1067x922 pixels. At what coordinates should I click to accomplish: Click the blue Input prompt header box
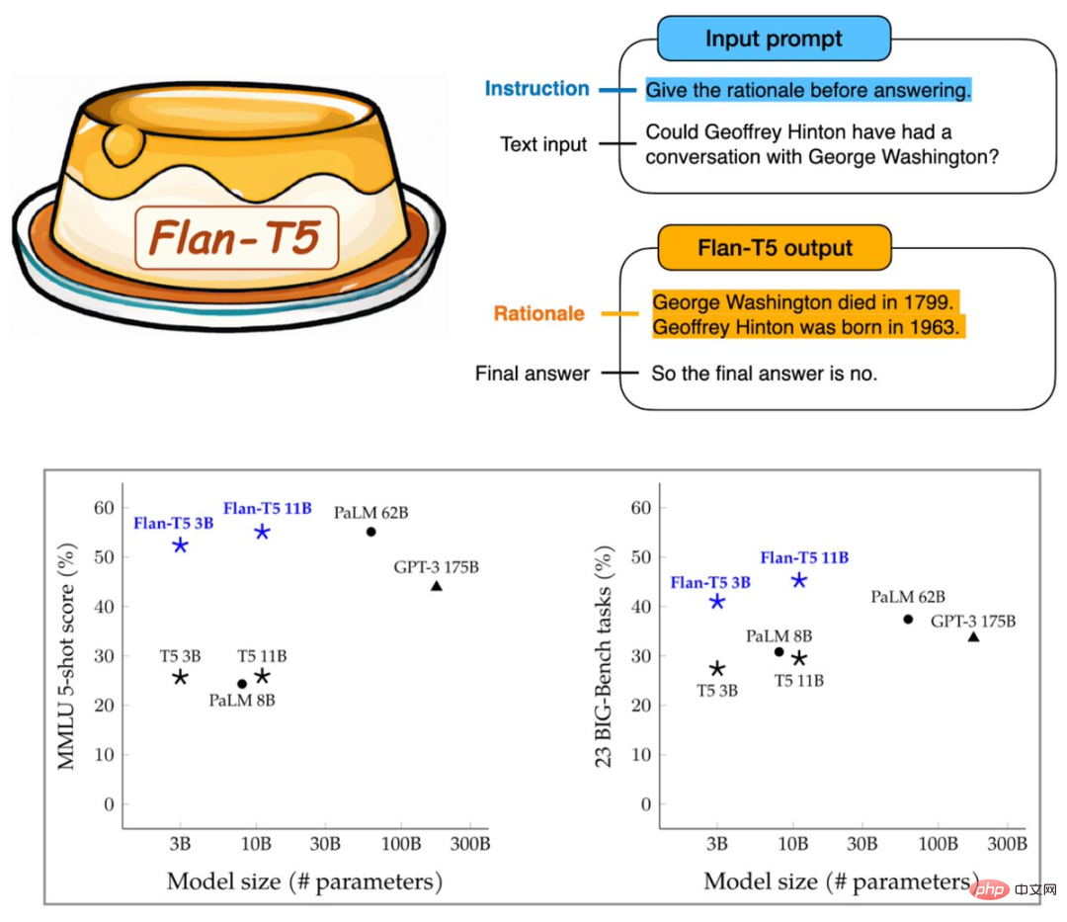click(774, 39)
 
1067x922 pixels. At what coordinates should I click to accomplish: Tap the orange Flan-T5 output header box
click(775, 248)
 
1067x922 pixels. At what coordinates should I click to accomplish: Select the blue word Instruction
click(536, 89)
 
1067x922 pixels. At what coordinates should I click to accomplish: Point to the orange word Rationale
click(539, 313)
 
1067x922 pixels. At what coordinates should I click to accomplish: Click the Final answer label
click(533, 373)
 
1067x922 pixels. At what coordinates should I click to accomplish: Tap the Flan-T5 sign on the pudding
click(236, 237)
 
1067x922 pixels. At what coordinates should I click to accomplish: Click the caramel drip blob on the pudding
click(123, 144)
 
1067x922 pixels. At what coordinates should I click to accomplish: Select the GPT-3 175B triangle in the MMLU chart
click(437, 586)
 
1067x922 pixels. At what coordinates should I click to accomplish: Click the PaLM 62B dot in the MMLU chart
click(370, 532)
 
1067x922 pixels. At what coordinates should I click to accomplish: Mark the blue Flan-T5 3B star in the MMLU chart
click(180, 545)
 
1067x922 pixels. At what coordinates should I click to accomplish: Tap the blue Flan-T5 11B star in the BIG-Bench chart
click(799, 580)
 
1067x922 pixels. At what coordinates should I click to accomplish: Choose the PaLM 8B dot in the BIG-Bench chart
click(780, 652)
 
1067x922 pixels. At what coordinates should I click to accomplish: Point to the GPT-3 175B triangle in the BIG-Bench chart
click(973, 636)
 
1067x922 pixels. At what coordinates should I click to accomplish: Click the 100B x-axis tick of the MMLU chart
click(401, 844)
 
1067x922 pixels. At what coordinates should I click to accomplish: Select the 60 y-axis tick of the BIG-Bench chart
click(641, 508)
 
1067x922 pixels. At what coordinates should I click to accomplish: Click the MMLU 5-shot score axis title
click(67, 656)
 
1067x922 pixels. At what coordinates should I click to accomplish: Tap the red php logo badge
click(989, 889)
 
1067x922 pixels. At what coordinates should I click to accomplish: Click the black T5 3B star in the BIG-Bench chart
click(716, 668)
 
